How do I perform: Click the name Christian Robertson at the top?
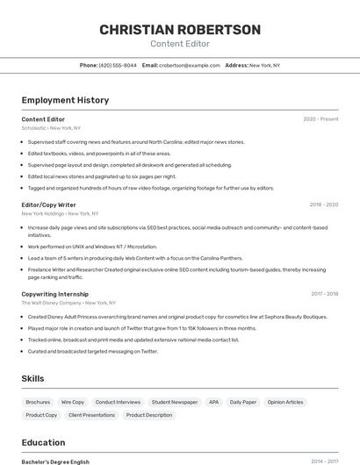(x=180, y=30)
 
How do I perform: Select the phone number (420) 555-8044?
(x=118, y=65)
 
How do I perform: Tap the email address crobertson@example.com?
(x=190, y=65)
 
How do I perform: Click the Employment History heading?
(x=65, y=100)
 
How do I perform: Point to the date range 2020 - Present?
(x=320, y=118)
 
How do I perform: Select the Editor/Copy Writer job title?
(x=49, y=204)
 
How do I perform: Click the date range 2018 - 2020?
(x=323, y=204)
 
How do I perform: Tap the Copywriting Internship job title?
(x=54, y=294)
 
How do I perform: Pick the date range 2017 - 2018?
(x=324, y=294)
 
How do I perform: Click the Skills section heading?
(x=33, y=378)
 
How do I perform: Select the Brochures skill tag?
(x=38, y=402)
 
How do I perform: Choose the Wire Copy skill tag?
(x=73, y=402)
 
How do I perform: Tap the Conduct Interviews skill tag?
(x=118, y=402)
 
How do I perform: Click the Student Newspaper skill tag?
(x=175, y=402)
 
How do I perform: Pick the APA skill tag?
(x=213, y=402)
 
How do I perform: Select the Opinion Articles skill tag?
(x=285, y=402)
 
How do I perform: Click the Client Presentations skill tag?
(x=92, y=415)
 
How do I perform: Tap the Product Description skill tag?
(x=149, y=415)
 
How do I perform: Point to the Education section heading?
(x=43, y=442)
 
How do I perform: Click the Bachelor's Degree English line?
(x=55, y=461)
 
